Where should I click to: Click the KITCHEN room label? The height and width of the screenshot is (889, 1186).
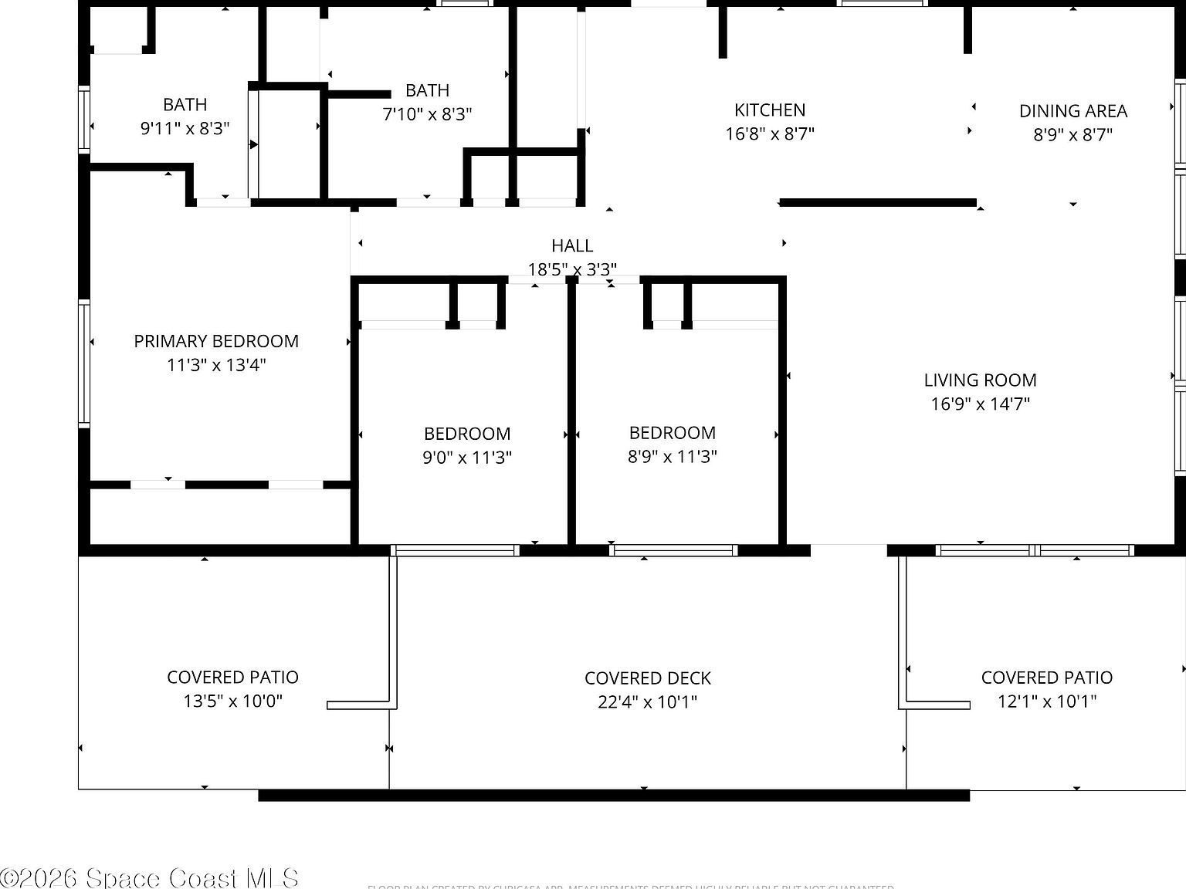(770, 110)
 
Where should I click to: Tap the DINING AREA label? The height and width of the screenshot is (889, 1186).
(1072, 111)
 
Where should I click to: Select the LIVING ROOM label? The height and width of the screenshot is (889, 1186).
(980, 380)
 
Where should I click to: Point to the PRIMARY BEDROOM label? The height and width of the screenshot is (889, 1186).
(216, 341)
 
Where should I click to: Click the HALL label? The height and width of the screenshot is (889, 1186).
(572, 246)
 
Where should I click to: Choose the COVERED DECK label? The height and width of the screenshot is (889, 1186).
(647, 678)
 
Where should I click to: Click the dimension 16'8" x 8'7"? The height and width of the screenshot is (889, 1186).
(770, 134)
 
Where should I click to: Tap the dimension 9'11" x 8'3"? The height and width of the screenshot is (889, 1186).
(185, 128)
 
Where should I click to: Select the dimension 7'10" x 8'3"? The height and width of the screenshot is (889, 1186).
(427, 114)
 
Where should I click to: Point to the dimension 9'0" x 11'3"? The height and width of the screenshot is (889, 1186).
(466, 458)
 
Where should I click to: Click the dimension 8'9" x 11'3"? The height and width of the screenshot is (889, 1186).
(672, 457)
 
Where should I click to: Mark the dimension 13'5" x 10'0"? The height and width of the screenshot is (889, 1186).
(232, 701)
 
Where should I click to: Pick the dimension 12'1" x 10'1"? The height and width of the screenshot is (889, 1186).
(1046, 701)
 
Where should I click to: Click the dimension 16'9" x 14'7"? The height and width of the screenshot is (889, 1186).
(980, 404)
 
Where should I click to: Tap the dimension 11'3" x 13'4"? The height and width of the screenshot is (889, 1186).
(216, 365)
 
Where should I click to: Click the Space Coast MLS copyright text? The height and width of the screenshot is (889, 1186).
(150, 877)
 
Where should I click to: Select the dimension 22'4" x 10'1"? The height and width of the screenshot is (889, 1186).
(647, 702)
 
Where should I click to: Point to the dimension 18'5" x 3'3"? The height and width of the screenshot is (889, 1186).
(572, 269)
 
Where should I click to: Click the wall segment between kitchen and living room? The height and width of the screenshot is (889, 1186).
(878, 203)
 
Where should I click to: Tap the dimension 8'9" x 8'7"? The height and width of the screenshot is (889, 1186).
(1072, 135)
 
